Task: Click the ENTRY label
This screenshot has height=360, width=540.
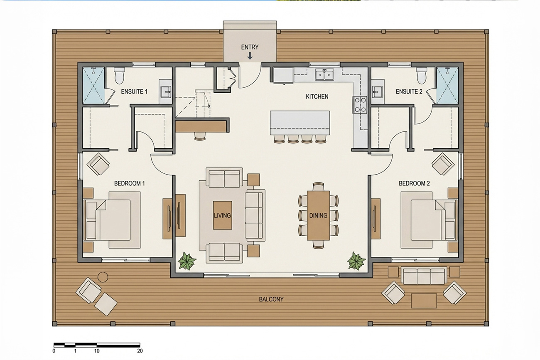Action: click(250, 47)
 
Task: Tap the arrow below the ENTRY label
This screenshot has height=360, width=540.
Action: click(250, 56)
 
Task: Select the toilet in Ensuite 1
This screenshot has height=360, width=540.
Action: click(119, 76)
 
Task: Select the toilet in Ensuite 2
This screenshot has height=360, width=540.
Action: click(422, 76)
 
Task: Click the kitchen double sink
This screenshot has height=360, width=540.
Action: click(324, 74)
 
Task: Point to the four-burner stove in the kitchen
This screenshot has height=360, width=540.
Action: click(360, 105)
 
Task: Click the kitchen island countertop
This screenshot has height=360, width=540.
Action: click(300, 123)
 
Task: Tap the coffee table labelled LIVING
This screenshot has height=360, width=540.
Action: click(223, 215)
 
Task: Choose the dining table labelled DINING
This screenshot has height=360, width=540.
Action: click(319, 215)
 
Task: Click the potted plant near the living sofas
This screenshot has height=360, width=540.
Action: click(187, 261)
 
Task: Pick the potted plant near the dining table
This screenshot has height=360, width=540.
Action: click(356, 261)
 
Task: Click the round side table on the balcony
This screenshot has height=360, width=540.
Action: click(103, 277)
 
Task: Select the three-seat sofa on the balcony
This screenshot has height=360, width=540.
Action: click(424, 276)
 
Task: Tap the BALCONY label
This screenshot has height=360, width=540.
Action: click(271, 299)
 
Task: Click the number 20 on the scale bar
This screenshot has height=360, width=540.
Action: click(140, 351)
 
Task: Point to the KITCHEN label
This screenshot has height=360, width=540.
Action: click(317, 96)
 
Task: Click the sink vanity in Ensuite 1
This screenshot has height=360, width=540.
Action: click(165, 92)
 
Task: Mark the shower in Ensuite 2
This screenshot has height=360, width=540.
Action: click(448, 86)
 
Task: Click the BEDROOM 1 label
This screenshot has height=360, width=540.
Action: click(130, 183)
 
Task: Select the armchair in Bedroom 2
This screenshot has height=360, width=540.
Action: click(443, 164)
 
